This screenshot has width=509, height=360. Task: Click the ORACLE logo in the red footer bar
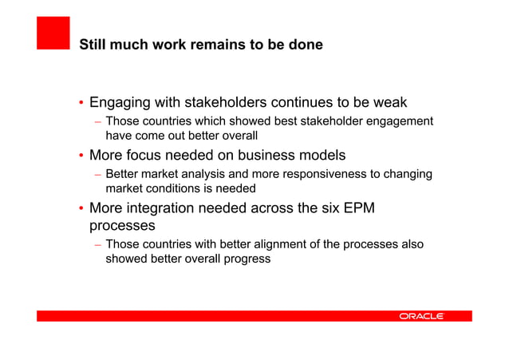421,316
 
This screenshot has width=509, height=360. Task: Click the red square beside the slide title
53,34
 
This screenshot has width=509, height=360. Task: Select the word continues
303,103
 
